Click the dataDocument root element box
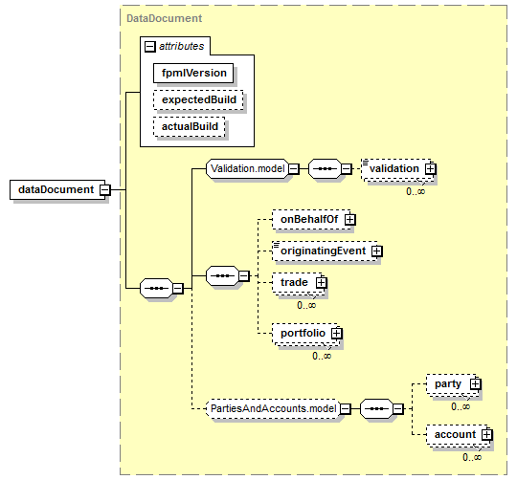57,189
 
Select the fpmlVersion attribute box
193,73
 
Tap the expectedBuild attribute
198,99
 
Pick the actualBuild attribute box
189,126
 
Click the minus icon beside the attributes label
149,47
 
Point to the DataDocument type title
165,18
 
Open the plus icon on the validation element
430,169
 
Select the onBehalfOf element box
311,219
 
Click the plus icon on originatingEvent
376,251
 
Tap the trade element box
297,282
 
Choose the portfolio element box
305,333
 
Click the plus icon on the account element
486,434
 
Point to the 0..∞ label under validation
416,191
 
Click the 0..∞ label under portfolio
322,356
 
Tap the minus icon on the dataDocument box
105,189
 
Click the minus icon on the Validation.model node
294,169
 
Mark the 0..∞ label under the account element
472,457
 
